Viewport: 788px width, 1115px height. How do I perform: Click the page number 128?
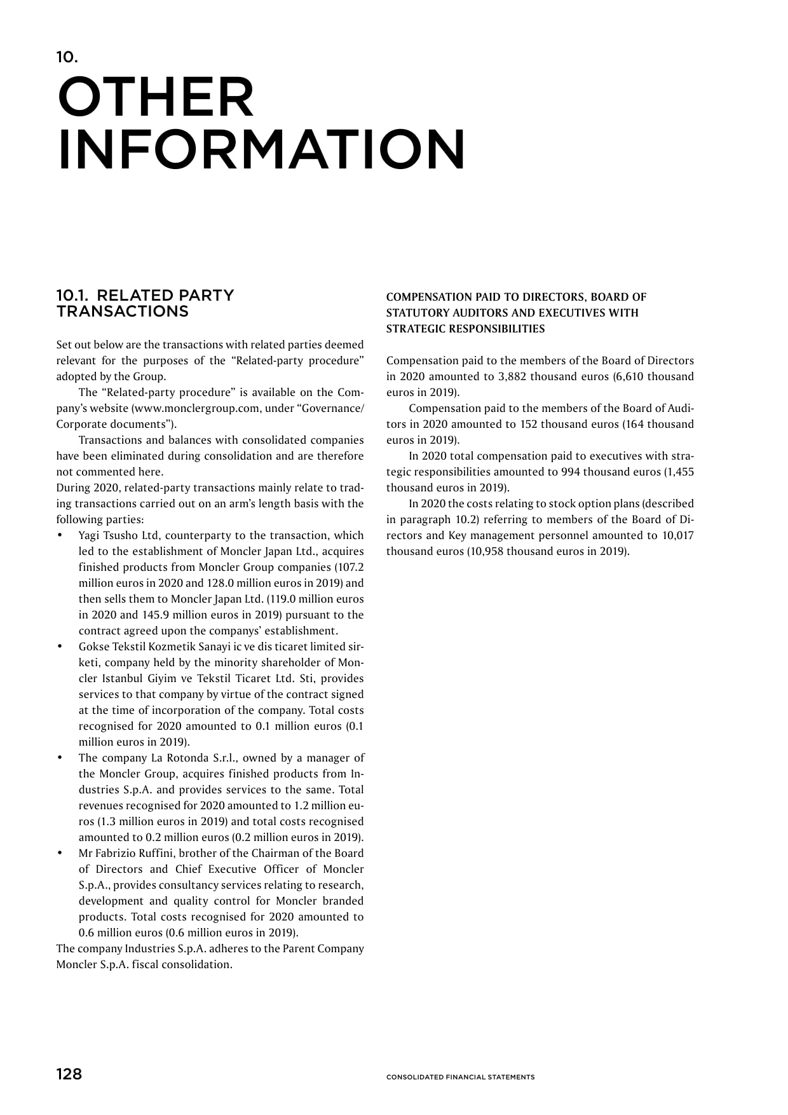coord(69,1074)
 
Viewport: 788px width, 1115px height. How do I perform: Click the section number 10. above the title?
coord(67,57)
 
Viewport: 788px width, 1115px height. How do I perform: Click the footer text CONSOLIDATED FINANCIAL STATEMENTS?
coord(460,1077)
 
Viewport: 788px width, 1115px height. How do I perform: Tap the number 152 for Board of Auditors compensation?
coord(529,424)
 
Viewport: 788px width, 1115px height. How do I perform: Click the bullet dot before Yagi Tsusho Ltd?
coord(60,535)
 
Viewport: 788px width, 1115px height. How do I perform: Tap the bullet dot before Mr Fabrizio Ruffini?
coord(60,853)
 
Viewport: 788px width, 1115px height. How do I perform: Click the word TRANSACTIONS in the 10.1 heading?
coord(122,311)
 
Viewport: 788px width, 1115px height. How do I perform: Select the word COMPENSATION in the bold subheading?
coord(423,297)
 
